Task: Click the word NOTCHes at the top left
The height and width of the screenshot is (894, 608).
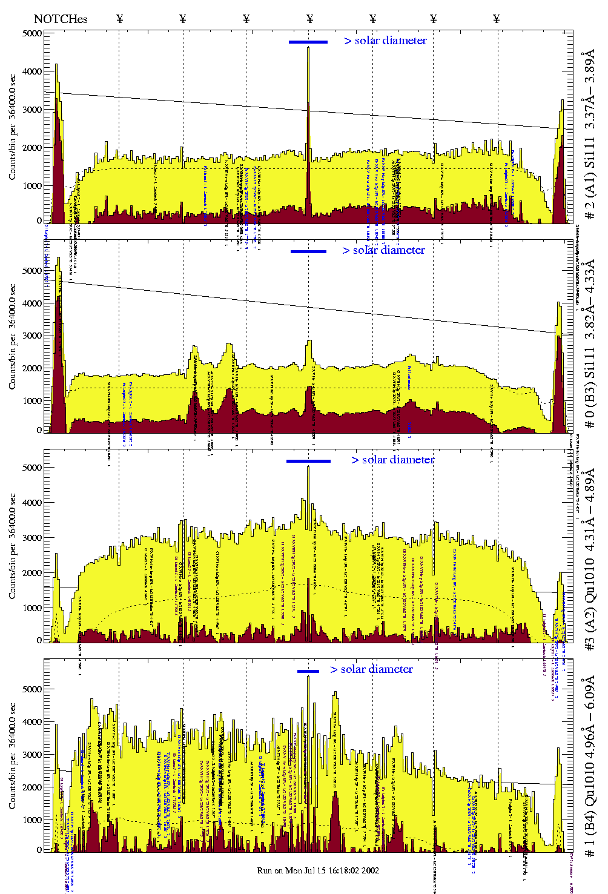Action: (61, 19)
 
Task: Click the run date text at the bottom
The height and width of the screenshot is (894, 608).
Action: (318, 870)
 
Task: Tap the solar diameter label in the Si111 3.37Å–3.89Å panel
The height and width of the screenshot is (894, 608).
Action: (385, 41)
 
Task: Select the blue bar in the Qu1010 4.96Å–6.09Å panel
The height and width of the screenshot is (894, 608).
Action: (308, 671)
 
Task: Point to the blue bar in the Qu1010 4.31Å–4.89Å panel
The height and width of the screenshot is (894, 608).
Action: (308, 461)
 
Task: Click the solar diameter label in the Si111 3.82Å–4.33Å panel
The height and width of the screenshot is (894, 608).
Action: (383, 250)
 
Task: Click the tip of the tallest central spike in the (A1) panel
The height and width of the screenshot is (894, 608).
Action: (308, 47)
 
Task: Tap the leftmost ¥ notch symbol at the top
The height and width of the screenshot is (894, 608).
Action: (119, 19)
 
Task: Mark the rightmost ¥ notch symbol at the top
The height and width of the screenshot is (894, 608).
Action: (497, 19)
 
